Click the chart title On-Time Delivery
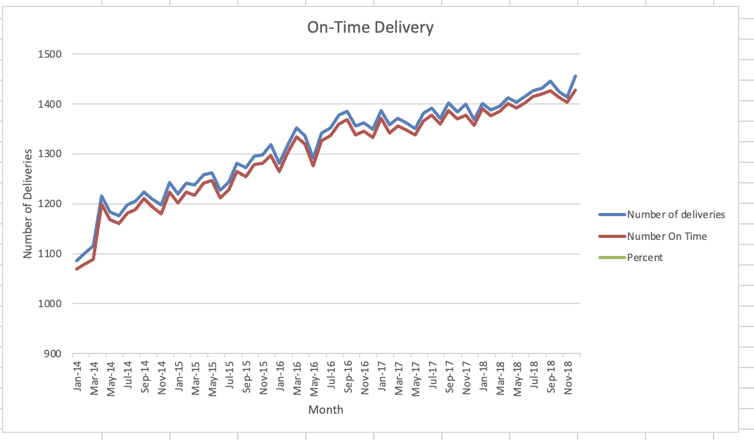tap(370, 28)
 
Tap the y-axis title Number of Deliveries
tap(28, 203)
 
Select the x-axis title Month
tap(326, 410)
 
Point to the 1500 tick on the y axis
tap(49, 54)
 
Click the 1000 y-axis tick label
tap(49, 303)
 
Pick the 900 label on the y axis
tap(52, 353)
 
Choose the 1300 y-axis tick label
tap(49, 154)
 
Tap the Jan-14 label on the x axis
tap(78, 377)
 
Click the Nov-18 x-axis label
tap(567, 377)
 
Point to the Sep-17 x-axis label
tap(449, 377)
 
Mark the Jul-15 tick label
tap(230, 377)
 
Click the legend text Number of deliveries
tap(676, 215)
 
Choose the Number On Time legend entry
tap(667, 236)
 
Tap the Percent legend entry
tap(645, 257)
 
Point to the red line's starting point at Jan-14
tap(77, 269)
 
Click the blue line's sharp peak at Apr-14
tap(102, 196)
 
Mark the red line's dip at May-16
tap(314, 165)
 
